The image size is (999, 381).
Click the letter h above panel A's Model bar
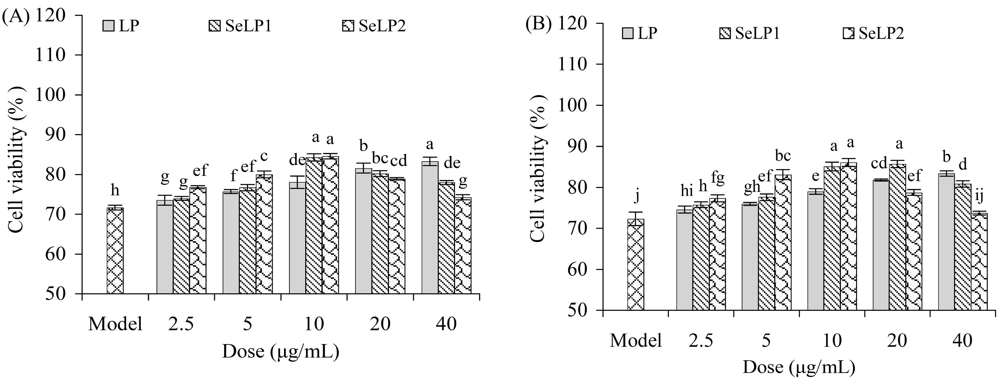point(115,190)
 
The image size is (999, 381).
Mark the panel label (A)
point(15,17)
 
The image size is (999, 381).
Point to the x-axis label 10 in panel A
point(314,324)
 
